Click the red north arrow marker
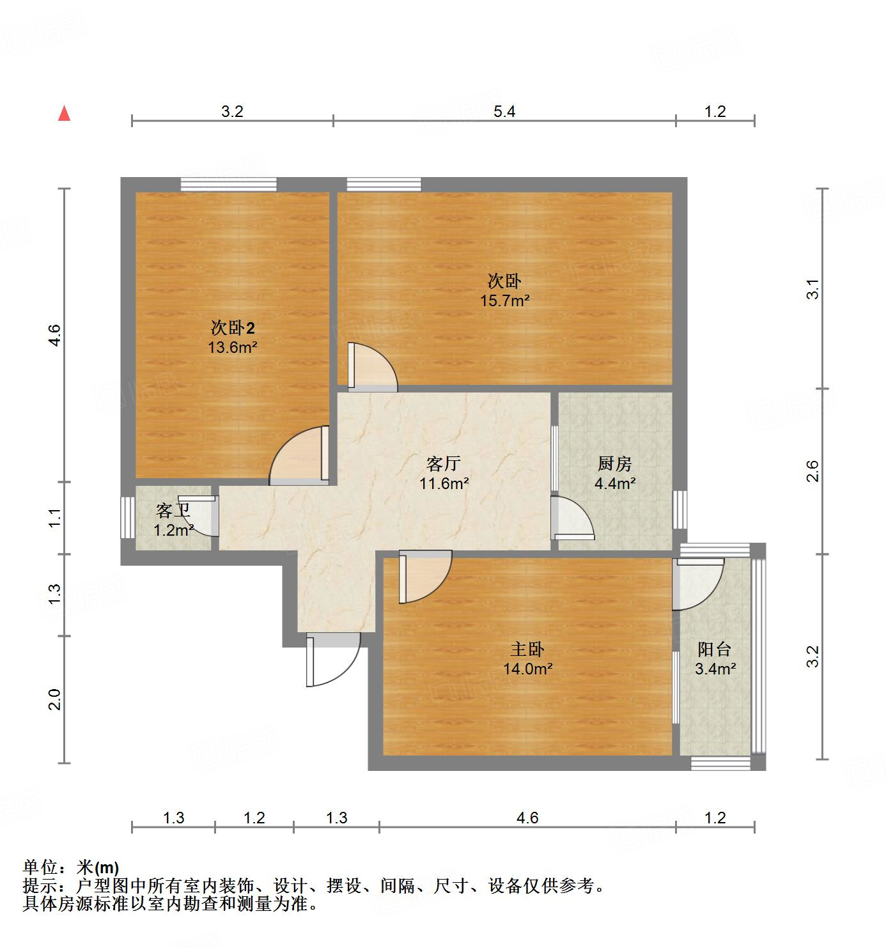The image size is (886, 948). tap(64, 114)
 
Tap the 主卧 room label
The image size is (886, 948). tap(527, 649)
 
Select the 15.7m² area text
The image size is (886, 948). tap(504, 300)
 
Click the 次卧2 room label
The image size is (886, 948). tap(233, 328)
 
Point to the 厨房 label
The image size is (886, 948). tap(614, 463)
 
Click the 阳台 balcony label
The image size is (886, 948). tap(715, 649)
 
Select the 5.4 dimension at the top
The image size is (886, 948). tap(504, 112)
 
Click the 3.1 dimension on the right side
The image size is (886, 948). tap(812, 290)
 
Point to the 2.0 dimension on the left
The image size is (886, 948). tap(55, 699)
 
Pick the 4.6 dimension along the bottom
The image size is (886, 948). tap(527, 818)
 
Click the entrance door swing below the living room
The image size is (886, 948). tap(332, 661)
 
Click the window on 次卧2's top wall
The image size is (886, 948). tap(228, 185)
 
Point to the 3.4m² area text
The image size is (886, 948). tap(715, 669)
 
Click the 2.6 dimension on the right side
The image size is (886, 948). tap(812, 472)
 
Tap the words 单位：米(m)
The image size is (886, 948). tap(71, 867)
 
